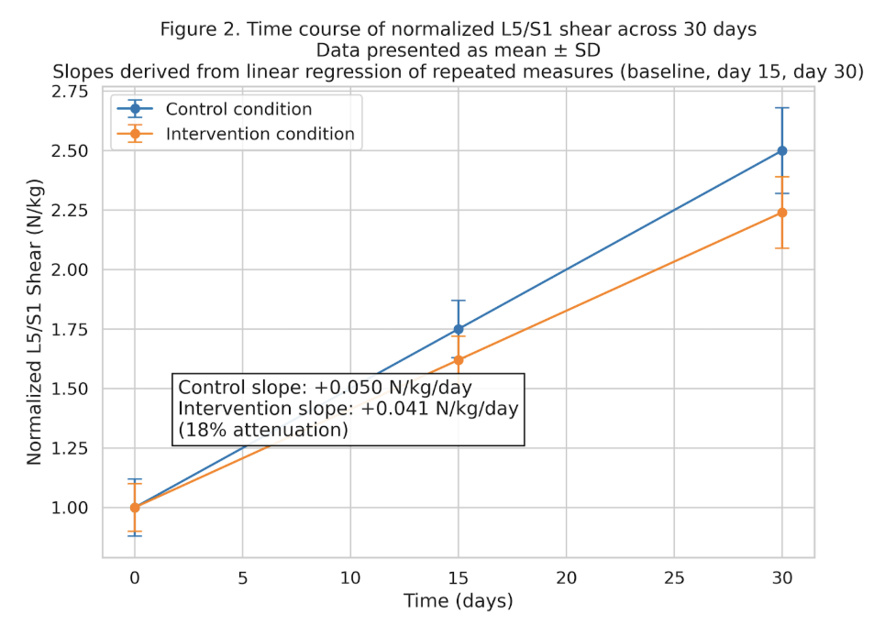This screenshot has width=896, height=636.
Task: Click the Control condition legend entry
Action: (238, 109)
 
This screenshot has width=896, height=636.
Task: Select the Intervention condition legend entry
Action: (260, 134)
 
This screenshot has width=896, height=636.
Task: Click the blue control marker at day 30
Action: (781, 150)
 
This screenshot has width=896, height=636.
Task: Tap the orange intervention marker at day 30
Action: (781, 213)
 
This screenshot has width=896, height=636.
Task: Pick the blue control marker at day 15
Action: (459, 329)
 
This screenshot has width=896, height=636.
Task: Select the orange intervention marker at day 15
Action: (459, 360)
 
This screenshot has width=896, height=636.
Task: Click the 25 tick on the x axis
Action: (674, 578)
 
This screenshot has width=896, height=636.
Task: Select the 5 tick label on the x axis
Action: (242, 578)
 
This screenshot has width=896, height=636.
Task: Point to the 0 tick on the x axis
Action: (135, 578)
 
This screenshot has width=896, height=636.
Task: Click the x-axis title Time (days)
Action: (458, 601)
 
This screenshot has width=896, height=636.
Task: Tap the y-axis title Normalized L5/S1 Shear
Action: (34, 322)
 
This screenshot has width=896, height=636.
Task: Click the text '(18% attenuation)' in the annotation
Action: (262, 429)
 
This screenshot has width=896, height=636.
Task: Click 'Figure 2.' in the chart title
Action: (196, 29)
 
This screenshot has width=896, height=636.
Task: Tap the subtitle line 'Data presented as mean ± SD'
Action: (458, 50)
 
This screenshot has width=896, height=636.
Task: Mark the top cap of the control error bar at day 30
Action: (781, 108)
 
